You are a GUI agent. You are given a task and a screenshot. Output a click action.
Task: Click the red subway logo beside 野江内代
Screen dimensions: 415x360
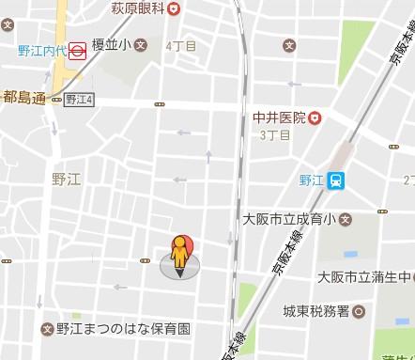78,53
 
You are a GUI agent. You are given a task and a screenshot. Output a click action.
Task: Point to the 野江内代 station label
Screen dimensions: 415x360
41,53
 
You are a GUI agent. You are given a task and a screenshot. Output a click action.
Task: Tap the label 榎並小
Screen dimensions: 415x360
111,44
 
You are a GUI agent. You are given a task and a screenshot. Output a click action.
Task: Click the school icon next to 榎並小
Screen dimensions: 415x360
140,44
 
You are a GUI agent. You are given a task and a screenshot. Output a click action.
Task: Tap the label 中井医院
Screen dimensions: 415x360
279,118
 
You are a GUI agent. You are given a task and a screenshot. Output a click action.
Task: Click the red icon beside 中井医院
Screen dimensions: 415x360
315,118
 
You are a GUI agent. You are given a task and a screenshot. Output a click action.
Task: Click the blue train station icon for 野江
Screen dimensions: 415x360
335,182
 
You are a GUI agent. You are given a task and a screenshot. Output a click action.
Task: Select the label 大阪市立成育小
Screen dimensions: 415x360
284,220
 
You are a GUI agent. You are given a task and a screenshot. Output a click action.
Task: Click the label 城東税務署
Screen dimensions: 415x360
317,310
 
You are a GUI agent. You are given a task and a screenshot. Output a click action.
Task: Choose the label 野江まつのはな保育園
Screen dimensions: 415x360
123,329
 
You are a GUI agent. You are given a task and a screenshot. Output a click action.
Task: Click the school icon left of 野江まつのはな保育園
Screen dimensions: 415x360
47,329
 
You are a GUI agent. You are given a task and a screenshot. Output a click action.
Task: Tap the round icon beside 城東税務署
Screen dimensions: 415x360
360,310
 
